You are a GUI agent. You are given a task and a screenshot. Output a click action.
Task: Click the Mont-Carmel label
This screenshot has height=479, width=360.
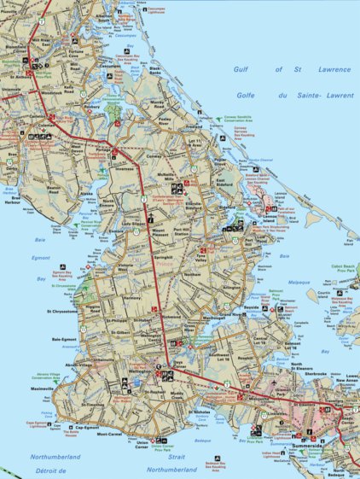108,435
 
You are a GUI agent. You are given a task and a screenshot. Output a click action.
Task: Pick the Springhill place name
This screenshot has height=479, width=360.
163,255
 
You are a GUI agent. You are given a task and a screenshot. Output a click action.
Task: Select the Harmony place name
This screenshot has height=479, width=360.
131,297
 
